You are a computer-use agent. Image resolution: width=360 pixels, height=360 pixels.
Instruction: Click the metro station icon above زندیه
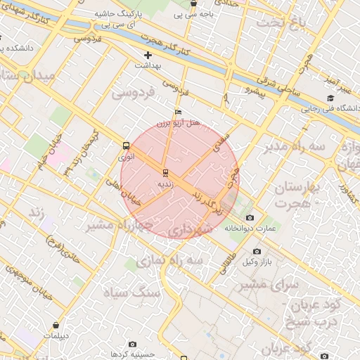pos(165,172)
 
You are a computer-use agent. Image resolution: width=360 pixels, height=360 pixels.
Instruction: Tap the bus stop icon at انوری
pos(126,146)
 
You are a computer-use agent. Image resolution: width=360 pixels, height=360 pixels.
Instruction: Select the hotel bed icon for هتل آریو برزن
pos(177,112)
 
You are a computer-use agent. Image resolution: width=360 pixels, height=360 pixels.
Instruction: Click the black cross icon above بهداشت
pos(148,55)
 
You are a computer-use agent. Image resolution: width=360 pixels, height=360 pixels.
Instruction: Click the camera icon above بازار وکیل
pos(257,252)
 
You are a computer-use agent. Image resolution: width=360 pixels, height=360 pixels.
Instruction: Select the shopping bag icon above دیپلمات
pos(56,326)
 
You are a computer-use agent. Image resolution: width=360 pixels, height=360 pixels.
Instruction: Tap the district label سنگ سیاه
pos(126,291)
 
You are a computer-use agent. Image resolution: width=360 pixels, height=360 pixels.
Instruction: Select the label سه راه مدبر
pos(285,149)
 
